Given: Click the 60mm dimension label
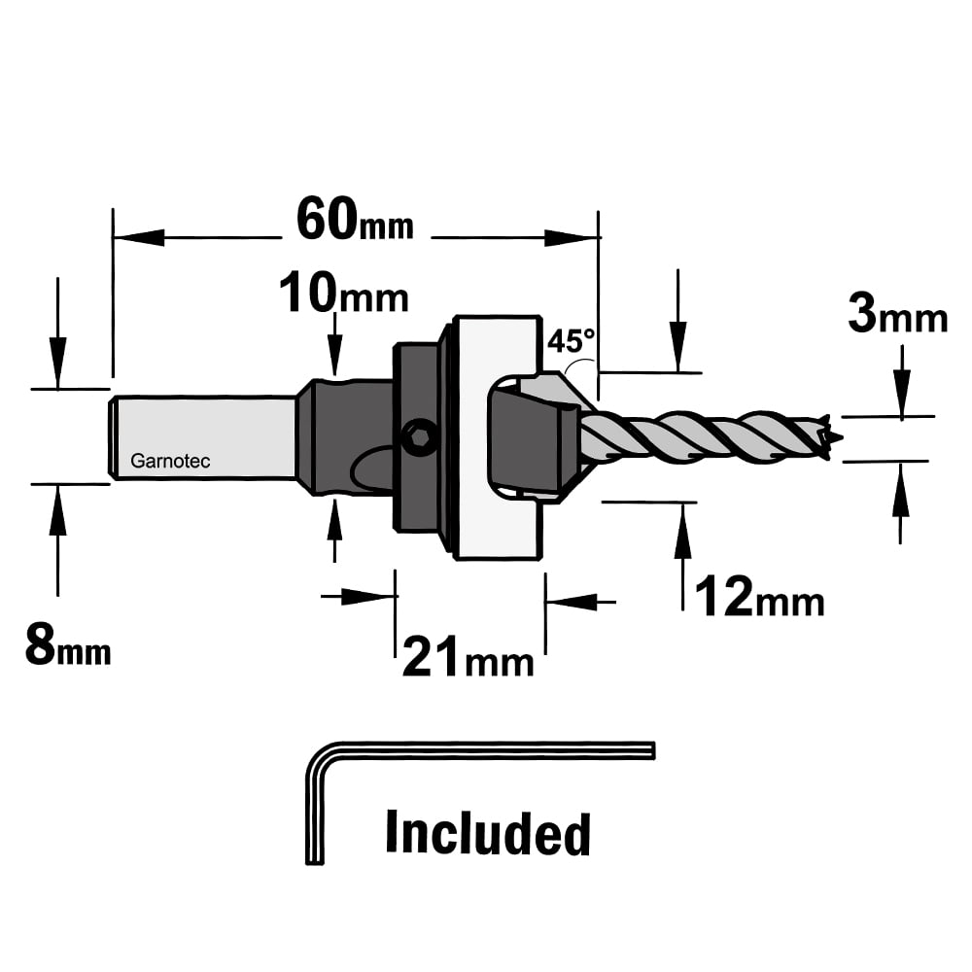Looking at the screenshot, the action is coord(355,220).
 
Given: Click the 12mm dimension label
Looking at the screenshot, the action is coord(760,597).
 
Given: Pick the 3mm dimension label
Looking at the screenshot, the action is coord(897,314).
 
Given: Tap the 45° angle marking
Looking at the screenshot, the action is coord(571,341).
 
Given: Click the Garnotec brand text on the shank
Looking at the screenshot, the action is coord(170,461).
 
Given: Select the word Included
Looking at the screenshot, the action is coord(488,833).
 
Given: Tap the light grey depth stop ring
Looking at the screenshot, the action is coord(496,437).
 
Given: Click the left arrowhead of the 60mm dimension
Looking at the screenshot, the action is coord(139,237).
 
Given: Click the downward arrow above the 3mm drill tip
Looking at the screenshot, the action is coord(902,382).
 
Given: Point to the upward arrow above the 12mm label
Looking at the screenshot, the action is coord(683,556).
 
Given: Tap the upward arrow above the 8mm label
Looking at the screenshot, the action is coord(58,540).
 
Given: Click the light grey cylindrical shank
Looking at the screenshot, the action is coord(203,437).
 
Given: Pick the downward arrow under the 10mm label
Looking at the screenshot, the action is coord(334,345).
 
